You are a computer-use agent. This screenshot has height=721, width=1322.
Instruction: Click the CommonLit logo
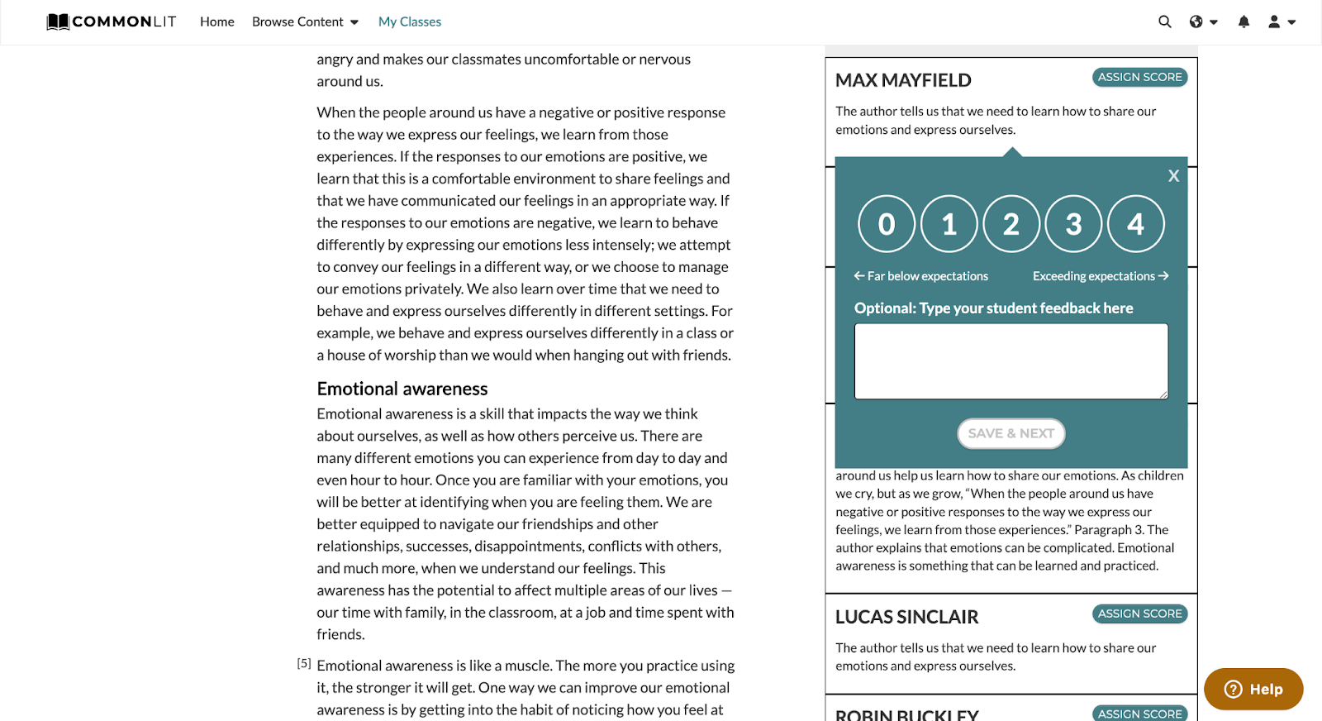point(112,21)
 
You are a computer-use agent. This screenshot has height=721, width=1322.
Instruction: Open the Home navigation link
point(217,21)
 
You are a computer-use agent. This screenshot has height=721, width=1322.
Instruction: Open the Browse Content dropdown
point(305,21)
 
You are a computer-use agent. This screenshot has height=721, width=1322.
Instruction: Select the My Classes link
point(410,21)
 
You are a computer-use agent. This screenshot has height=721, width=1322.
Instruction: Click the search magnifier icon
point(1165,21)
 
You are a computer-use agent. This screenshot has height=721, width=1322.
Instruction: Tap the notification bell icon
point(1244,21)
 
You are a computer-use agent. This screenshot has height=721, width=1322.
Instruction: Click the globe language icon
point(1196,21)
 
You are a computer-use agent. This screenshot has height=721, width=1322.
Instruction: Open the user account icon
point(1274,21)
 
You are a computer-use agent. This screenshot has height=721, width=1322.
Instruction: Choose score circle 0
point(887,224)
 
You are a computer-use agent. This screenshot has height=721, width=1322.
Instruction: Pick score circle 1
point(949,224)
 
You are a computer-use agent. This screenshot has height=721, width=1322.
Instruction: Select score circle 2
point(1011,224)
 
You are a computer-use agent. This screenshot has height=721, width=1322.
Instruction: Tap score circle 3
point(1073,224)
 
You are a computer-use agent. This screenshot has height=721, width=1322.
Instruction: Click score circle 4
point(1136,224)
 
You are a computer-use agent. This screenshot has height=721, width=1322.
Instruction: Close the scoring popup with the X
point(1173,176)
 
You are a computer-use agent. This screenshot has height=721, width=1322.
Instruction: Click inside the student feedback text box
point(1011,361)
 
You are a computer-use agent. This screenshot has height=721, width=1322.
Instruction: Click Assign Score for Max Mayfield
point(1139,77)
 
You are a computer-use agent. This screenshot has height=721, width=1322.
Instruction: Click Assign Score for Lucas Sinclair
point(1139,614)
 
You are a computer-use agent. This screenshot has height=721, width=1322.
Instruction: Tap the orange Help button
point(1253,689)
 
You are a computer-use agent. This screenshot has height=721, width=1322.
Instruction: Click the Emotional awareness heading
point(402,389)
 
